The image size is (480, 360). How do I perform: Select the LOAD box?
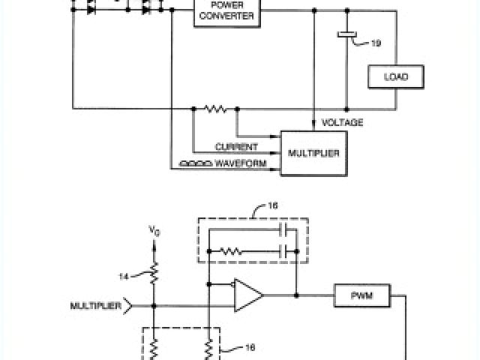[395, 76]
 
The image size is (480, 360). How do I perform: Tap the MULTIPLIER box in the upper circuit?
[314, 153]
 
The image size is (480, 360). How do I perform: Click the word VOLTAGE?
[342, 122]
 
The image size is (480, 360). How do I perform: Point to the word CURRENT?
[236, 147]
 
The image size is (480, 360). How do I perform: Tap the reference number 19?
[375, 43]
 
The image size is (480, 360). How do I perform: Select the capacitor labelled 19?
[346, 34]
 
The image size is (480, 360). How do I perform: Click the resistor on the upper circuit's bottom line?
[215, 108]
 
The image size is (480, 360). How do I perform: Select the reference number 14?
[125, 277]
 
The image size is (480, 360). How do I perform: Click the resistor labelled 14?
[154, 274]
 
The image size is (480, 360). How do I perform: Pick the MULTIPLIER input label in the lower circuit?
[97, 305]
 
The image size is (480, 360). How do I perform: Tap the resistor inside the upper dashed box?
[232, 251]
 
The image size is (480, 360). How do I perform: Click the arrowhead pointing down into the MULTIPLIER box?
[313, 126]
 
